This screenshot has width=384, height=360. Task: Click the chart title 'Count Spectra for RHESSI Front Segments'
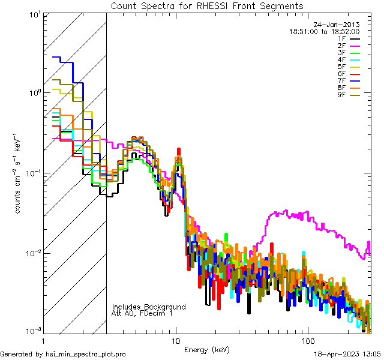(x=207, y=5)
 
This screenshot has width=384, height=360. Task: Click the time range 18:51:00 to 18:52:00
(x=325, y=31)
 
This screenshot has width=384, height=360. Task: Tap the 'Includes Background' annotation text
(x=149, y=307)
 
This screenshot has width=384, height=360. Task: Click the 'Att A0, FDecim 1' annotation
(x=143, y=313)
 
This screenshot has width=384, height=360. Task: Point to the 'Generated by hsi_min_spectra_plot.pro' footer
(x=63, y=354)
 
